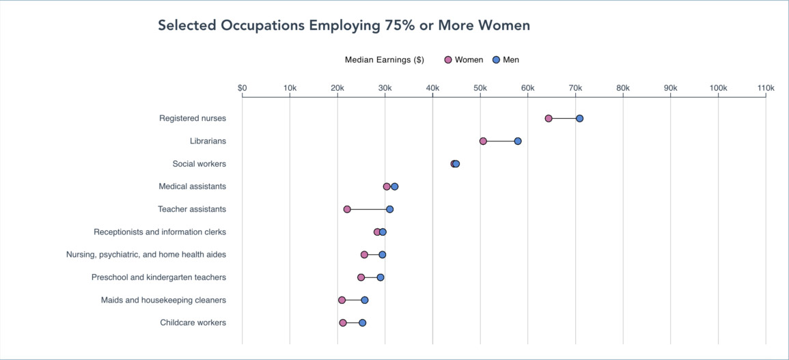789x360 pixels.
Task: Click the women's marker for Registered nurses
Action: point(549,118)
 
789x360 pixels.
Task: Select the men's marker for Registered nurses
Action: point(579,118)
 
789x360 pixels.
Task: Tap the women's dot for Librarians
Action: point(483,141)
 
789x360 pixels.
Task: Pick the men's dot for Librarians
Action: point(518,141)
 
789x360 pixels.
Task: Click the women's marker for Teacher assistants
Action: point(347,209)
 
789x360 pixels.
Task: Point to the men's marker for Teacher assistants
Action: point(389,209)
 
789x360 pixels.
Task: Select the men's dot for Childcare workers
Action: point(362,322)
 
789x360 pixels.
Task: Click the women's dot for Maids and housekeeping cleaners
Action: point(342,300)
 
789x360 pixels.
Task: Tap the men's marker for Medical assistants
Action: point(395,186)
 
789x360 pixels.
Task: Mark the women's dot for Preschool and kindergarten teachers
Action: point(361,277)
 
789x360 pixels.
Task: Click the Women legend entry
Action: point(464,59)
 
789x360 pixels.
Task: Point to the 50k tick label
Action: point(480,88)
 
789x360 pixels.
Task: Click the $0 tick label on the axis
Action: point(243,88)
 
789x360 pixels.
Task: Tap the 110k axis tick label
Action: point(765,88)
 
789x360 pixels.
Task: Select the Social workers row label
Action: point(199,164)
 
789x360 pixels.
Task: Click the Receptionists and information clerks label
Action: point(160,232)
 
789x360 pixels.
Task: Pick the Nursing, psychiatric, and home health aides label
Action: point(146,255)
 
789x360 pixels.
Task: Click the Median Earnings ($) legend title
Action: point(385,59)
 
